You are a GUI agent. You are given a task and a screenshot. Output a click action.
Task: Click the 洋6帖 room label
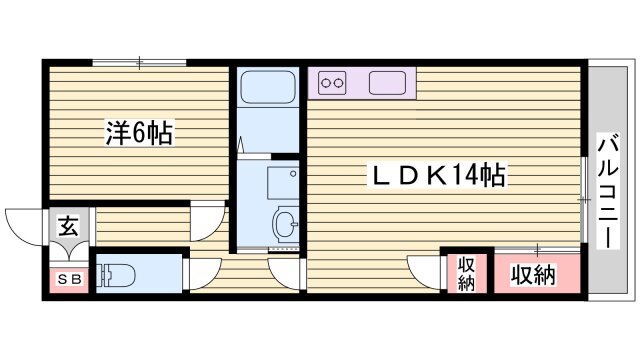(x=139, y=134)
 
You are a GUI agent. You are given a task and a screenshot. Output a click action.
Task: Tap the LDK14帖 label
(x=437, y=177)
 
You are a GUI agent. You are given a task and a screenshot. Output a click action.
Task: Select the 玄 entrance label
(x=68, y=226)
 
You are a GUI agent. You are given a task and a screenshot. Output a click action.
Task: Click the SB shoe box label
(x=68, y=279)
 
